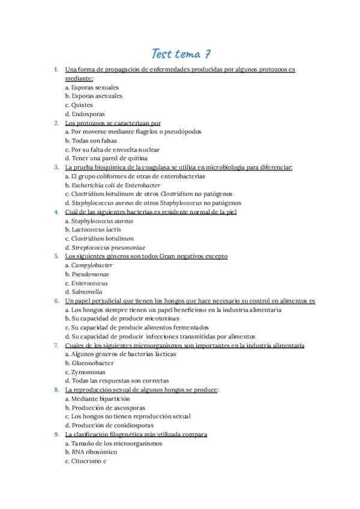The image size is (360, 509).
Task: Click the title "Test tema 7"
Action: tap(180, 54)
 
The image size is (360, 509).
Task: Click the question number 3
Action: tap(56, 167)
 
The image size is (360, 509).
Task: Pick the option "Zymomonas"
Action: tap(85, 372)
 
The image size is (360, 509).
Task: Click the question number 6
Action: tap(56, 301)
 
